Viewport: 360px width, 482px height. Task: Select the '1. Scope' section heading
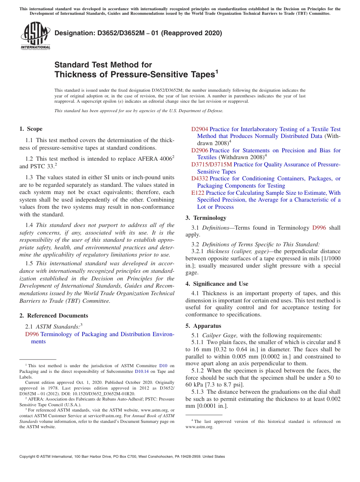tap(31, 129)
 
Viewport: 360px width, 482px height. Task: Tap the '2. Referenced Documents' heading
tap(53, 316)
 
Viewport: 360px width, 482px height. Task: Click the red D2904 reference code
tap(200, 129)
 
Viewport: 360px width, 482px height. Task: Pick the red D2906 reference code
tap(200, 150)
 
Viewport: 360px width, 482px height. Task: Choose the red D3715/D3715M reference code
tap(211, 164)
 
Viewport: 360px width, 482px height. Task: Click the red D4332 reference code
tap(200, 178)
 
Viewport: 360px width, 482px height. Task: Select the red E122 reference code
tap(198, 193)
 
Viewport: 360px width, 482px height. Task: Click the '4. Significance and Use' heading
tap(217, 284)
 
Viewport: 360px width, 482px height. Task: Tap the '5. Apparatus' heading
tap(203, 326)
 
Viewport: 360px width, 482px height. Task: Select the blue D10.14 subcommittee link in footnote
tap(142, 371)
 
